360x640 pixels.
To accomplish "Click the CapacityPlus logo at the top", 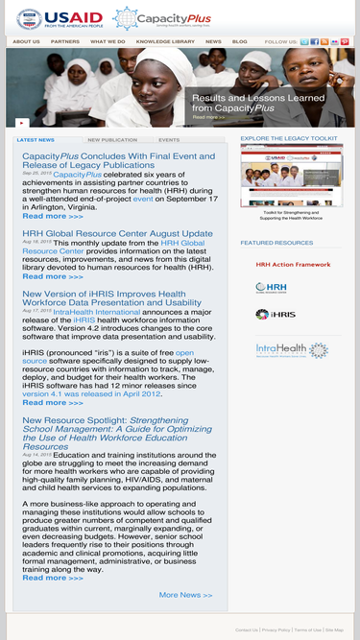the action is tap(150, 17).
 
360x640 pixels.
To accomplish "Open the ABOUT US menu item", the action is tap(26, 42).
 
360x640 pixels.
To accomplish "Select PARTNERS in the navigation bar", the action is tap(65, 42).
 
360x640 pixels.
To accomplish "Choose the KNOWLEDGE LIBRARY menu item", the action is tap(165, 42).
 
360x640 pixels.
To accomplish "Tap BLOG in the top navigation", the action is tap(239, 42).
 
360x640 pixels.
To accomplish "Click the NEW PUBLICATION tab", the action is tap(112, 140).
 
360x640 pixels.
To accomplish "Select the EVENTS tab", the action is tap(169, 140).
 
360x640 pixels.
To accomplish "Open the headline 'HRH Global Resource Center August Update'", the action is tap(117, 233).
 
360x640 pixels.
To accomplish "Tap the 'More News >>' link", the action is tap(185, 595).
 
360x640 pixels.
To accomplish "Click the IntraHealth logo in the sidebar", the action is tap(292, 350).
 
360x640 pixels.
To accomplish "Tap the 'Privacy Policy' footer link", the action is tap(276, 630).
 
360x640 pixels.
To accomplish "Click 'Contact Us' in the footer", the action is tap(247, 630).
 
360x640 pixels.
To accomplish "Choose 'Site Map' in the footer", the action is tap(334, 630).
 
